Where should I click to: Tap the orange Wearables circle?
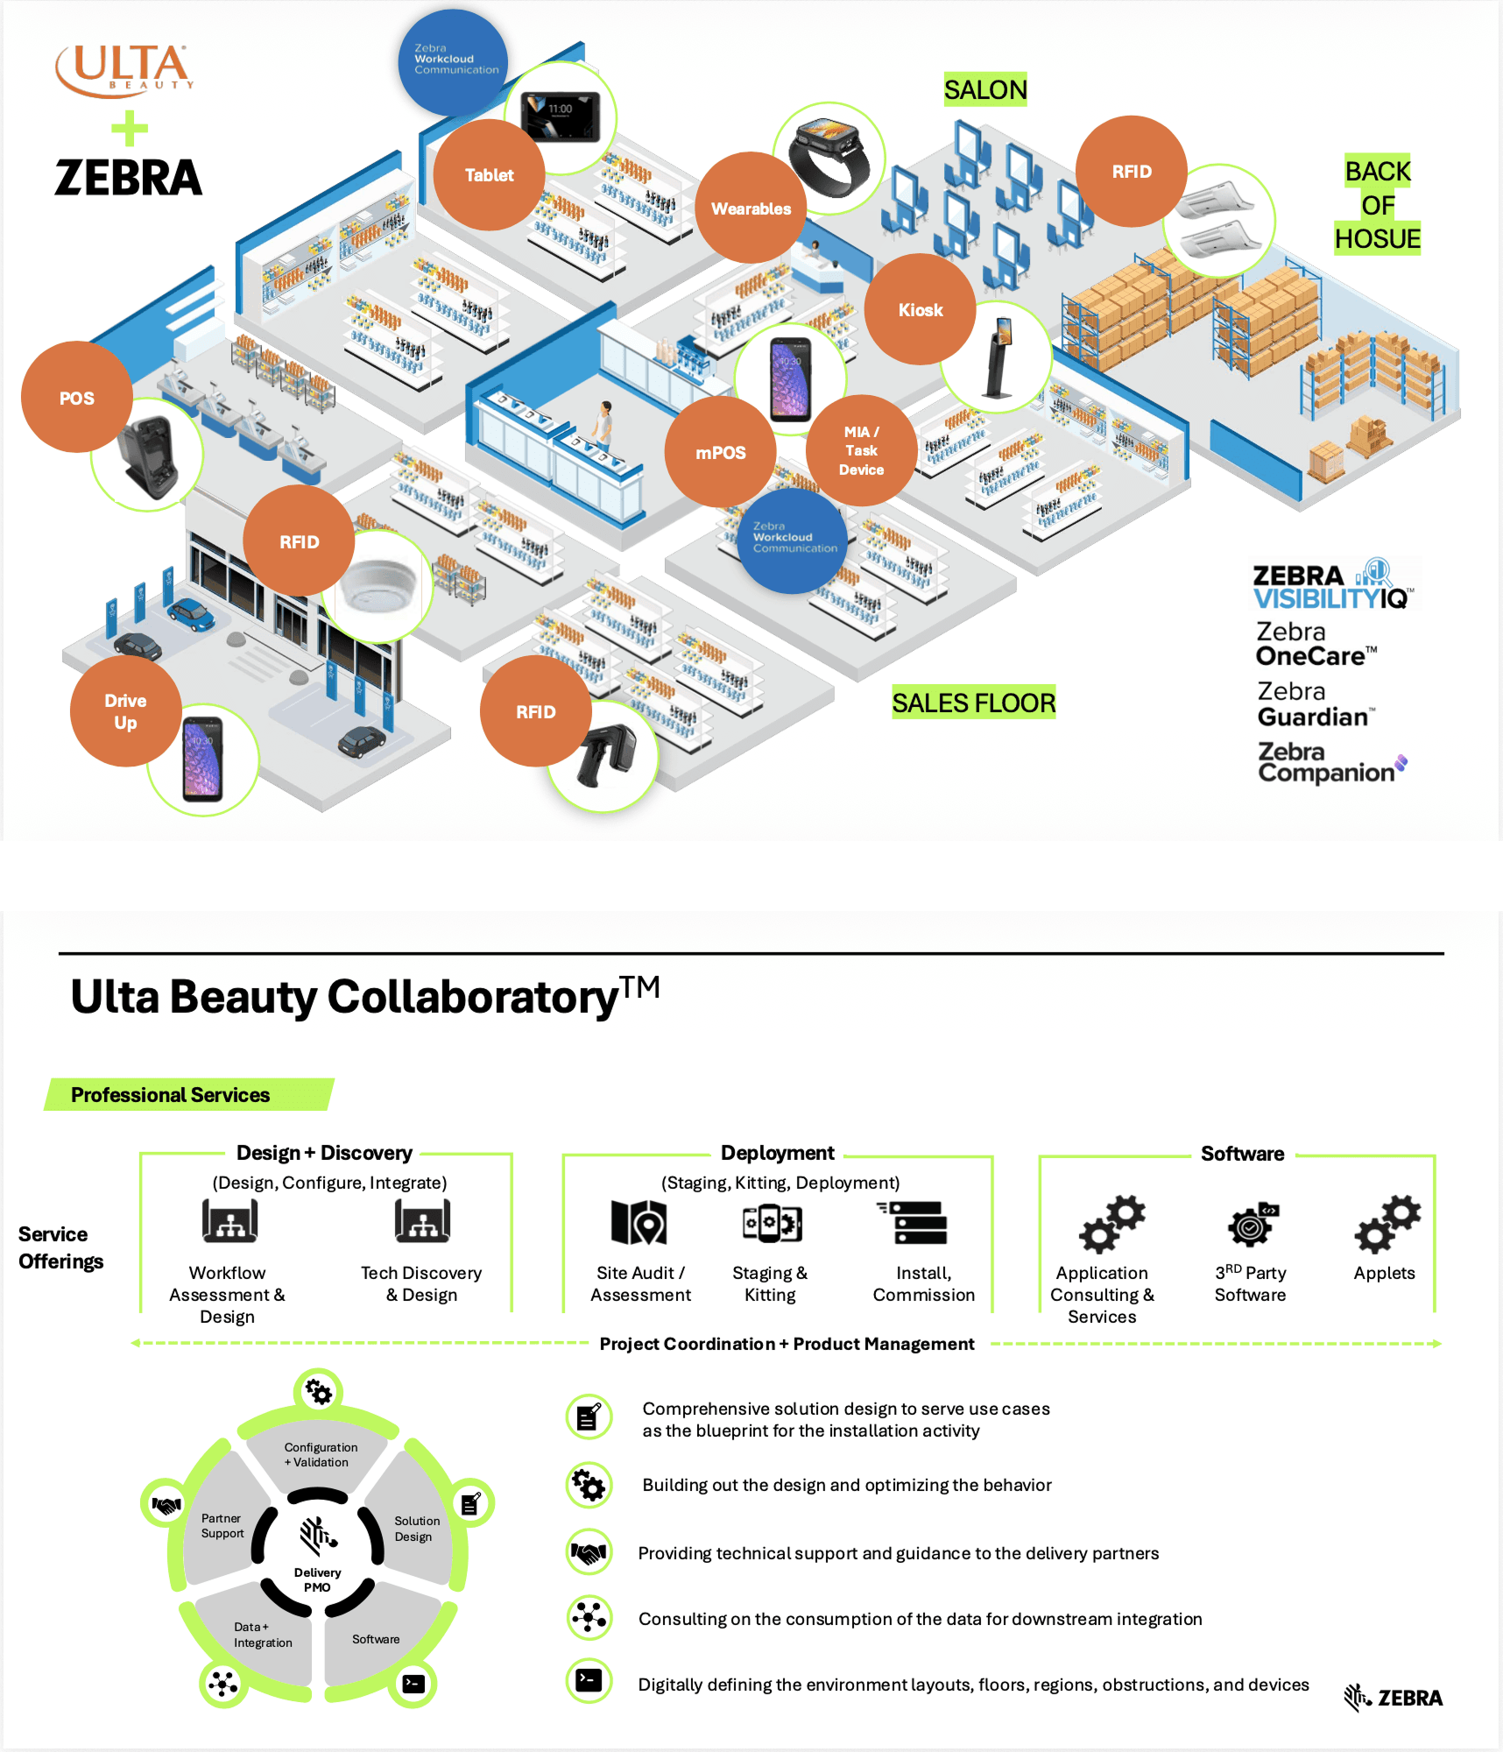coord(751,208)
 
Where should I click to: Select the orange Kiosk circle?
coord(920,309)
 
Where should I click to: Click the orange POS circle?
coord(77,398)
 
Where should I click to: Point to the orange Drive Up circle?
coord(125,711)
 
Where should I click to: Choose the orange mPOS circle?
coord(720,452)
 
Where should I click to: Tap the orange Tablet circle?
coord(489,175)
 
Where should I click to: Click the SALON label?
coord(985,89)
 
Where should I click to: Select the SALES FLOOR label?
coord(973,703)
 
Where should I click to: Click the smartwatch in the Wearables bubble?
coord(829,158)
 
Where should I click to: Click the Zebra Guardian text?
coord(1314,704)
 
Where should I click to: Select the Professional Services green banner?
coord(188,1095)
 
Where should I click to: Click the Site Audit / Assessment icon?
coord(639,1222)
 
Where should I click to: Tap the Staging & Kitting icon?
coord(772,1223)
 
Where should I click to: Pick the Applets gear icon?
coord(1387,1223)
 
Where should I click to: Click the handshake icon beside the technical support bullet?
coord(589,1553)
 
